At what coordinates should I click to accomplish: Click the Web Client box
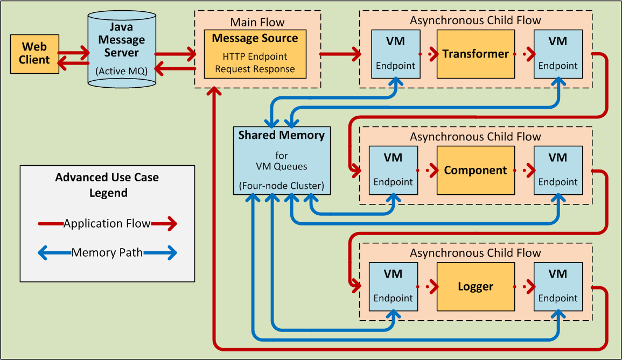pyautogui.click(x=34, y=54)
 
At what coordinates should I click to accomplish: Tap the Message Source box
pyautogui.click(x=255, y=54)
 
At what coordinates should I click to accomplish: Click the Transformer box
pyautogui.click(x=476, y=54)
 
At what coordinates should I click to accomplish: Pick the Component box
pyautogui.click(x=476, y=170)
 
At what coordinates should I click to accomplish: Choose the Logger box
pyautogui.click(x=476, y=286)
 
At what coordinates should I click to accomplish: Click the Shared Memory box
pyautogui.click(x=282, y=160)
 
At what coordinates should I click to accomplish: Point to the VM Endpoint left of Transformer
pyautogui.click(x=396, y=54)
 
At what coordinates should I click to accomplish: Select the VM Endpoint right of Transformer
pyautogui.click(x=558, y=54)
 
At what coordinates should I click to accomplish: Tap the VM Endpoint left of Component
pyautogui.click(x=394, y=170)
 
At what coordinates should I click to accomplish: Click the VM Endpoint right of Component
pyautogui.click(x=558, y=170)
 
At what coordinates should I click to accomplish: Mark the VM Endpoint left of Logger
pyautogui.click(x=394, y=286)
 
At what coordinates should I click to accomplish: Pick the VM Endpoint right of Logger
pyautogui.click(x=558, y=286)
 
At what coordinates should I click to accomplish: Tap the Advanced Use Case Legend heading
pyautogui.click(x=107, y=185)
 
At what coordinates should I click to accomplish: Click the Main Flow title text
pyautogui.click(x=257, y=22)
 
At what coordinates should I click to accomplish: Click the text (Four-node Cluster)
pyautogui.click(x=282, y=186)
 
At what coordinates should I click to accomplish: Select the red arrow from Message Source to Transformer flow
pyautogui.click(x=340, y=54)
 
